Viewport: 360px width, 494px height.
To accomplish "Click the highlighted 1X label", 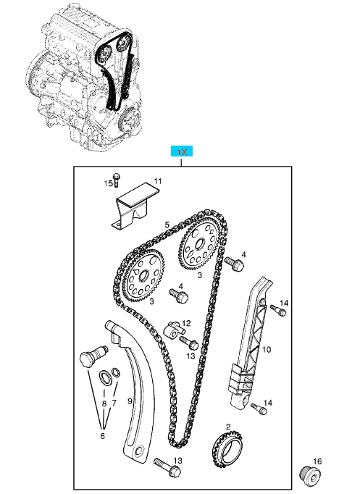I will point(182,152).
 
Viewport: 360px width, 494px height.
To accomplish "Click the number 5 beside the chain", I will point(167,225).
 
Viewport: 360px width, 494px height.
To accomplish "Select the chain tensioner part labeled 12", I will point(174,330).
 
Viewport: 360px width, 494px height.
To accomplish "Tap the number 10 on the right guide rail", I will point(266,350).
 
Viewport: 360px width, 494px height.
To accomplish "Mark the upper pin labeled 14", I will point(277,311).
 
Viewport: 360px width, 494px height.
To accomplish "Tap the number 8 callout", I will point(104,402).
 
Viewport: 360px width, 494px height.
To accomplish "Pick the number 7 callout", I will point(114,402).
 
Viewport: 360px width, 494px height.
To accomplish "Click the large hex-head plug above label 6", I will point(88,359).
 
